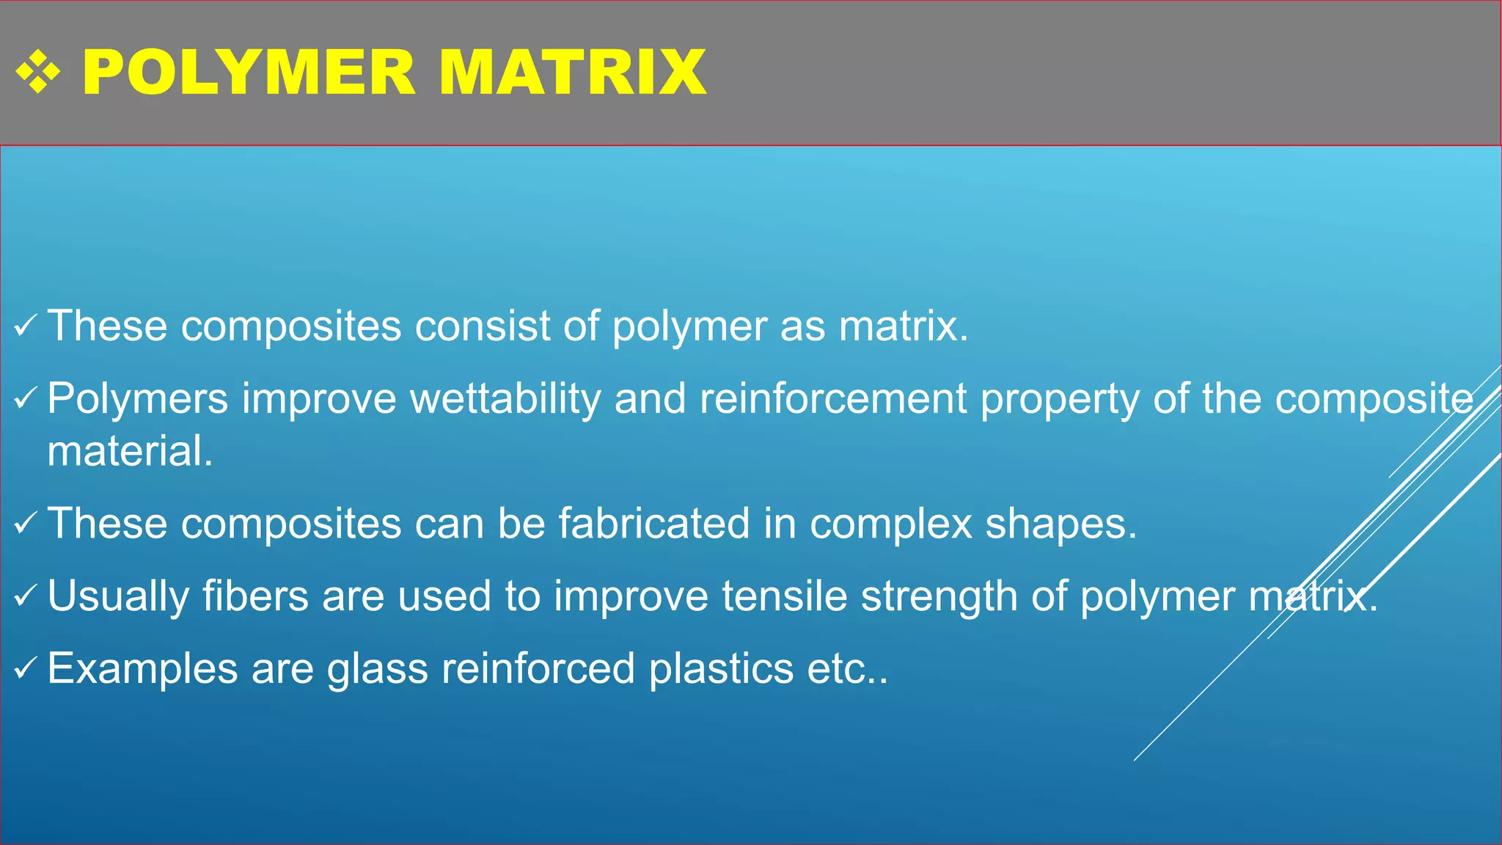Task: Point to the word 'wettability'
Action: point(505,399)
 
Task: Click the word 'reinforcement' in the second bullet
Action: point(833,399)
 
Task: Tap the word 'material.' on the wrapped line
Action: point(130,451)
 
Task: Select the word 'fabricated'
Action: point(653,524)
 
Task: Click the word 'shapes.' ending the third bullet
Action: point(1060,524)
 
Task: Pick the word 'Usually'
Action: point(118,596)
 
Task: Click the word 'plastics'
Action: point(721,668)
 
